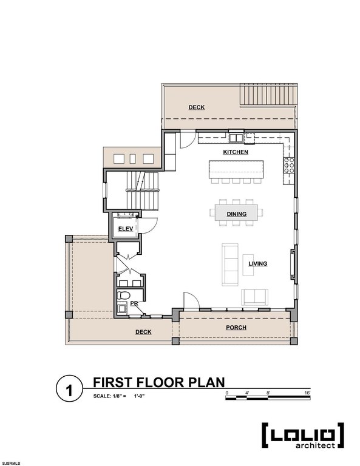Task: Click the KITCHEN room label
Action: (236, 152)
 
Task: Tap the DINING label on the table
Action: (237, 214)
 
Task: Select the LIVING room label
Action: (258, 263)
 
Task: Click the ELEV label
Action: (126, 229)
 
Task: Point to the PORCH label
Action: (236, 328)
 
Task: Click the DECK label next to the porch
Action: (143, 332)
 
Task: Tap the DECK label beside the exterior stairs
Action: (197, 107)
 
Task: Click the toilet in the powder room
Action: (123, 295)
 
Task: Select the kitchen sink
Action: (236, 138)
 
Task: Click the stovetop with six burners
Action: (289, 166)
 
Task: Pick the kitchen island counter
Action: (236, 169)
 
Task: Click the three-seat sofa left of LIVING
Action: (230, 265)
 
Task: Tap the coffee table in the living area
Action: (248, 265)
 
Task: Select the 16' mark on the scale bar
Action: (307, 393)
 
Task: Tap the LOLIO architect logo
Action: (303, 436)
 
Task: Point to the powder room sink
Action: (121, 308)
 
